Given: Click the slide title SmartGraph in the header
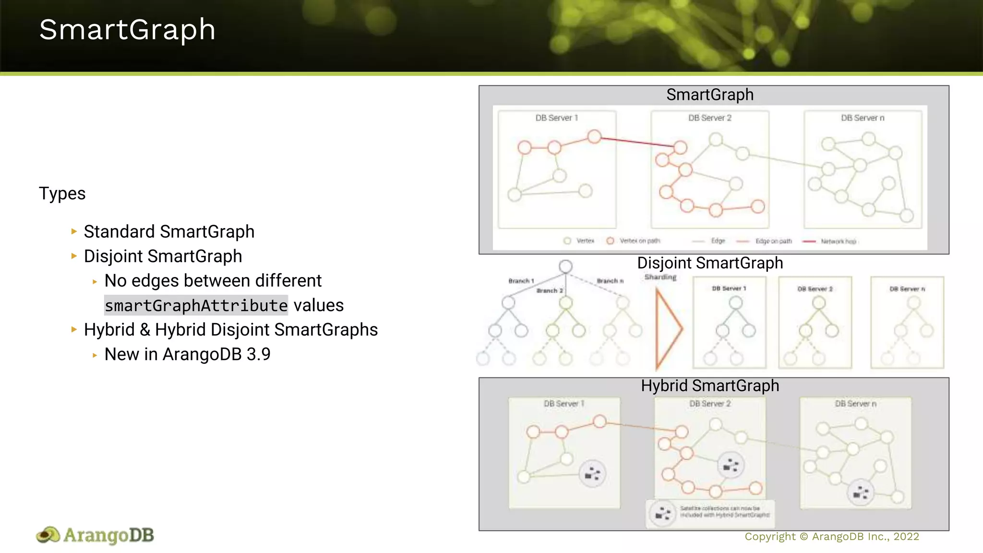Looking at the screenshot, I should [127, 30].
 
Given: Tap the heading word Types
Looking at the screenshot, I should [62, 193].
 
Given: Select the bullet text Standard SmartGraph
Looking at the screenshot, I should [169, 232].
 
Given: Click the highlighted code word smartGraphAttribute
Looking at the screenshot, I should [196, 305].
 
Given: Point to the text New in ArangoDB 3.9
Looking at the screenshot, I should [187, 354].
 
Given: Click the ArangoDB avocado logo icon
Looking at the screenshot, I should [48, 535].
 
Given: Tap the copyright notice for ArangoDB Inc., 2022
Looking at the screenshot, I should [831, 537].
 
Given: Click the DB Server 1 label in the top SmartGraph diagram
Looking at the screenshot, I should [557, 118].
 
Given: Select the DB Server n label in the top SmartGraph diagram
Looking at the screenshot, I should [863, 118].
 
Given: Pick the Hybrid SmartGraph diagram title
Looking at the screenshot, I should [710, 385].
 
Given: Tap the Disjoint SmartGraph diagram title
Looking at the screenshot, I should [710, 263].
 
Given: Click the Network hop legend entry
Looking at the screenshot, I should [838, 241].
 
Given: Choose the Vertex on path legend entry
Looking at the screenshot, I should [639, 240].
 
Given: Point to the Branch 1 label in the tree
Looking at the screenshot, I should [521, 281].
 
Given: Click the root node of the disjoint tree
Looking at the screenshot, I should [565, 266].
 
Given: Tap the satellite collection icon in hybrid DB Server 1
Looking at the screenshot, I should [593, 474].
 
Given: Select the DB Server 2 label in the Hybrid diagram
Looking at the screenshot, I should [710, 404].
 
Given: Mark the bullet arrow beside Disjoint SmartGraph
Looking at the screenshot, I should [74, 256].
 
